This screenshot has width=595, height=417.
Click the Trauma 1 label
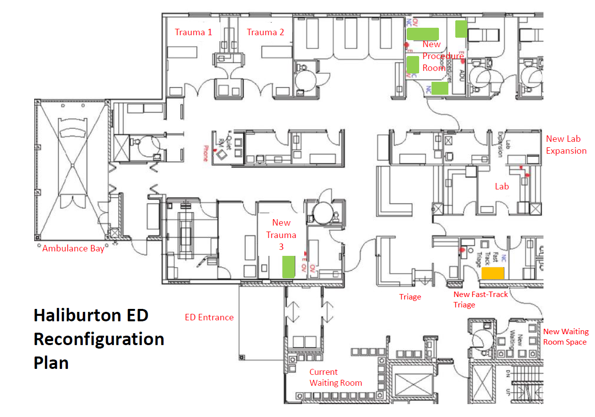pyautogui.click(x=193, y=32)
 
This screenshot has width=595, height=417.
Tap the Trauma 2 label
pyautogui.click(x=266, y=32)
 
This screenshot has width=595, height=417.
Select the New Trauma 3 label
pyautogui.click(x=281, y=234)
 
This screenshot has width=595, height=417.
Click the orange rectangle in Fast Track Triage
pyautogui.click(x=493, y=273)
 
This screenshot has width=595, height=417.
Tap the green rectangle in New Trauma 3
pyautogui.click(x=289, y=266)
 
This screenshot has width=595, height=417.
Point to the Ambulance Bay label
pyautogui.click(x=73, y=248)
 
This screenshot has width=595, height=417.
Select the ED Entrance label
pyautogui.click(x=209, y=317)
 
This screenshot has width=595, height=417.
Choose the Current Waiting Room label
pyautogui.click(x=335, y=377)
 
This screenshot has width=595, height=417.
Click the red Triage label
pyautogui.click(x=410, y=297)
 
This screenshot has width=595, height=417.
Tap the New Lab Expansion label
pyautogui.click(x=566, y=145)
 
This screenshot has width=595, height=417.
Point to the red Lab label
pyautogui.click(x=502, y=186)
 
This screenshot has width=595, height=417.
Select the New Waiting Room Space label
pyautogui.click(x=566, y=337)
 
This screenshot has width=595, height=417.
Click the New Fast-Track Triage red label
pyautogui.click(x=481, y=299)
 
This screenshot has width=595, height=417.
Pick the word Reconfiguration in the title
pyautogui.click(x=99, y=339)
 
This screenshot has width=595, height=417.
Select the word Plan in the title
pyautogui.click(x=51, y=362)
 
